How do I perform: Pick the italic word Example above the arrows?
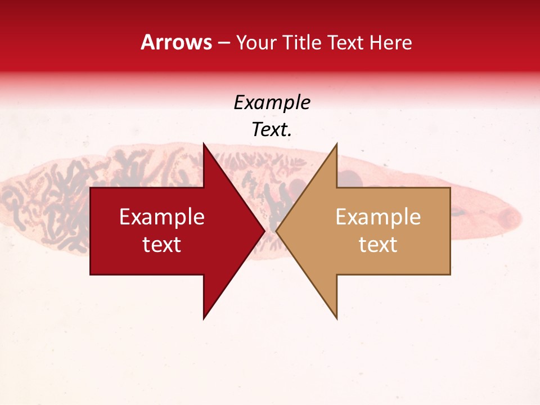coord(272,103)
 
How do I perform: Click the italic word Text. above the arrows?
coord(272,130)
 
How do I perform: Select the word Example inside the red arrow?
coord(162,217)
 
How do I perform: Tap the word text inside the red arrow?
coord(162,245)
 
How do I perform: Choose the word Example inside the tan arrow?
coord(378,217)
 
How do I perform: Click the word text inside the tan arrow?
coord(378,245)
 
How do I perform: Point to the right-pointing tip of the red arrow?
coord(264,231)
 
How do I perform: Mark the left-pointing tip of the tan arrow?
coord(276,231)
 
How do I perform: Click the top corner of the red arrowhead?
coord(204,144)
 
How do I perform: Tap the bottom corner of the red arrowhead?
coord(204,318)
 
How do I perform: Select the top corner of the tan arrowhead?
coord(336,144)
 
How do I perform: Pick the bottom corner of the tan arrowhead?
coord(336,318)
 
